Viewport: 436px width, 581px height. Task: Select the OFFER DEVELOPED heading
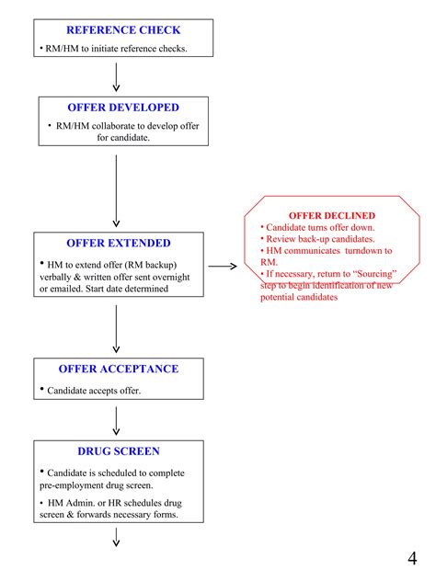tap(122, 108)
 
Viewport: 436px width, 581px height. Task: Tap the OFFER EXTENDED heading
tap(118, 244)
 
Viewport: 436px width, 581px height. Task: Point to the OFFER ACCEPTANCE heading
tap(118, 369)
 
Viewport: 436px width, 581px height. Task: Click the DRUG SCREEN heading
tap(118, 451)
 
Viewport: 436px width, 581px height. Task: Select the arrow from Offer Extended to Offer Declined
tap(222, 268)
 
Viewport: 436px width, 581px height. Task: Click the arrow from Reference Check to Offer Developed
tap(116, 77)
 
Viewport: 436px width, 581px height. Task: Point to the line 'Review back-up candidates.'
tap(319, 238)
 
